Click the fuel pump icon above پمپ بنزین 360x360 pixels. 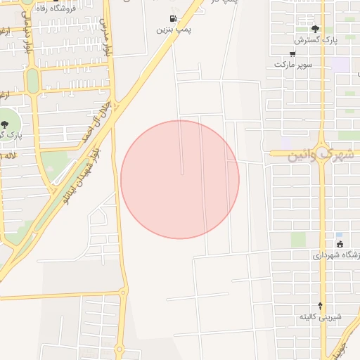(x=173, y=18)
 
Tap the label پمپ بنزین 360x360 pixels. (x=174, y=30)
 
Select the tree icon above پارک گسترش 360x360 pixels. (x=315, y=29)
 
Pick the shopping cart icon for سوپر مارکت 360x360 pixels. (x=292, y=53)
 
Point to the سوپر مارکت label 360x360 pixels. (x=293, y=64)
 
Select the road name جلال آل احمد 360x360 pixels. (x=94, y=123)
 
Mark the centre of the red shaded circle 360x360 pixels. (x=180, y=180)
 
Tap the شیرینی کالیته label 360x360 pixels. (x=321, y=316)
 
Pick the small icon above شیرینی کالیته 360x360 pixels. (x=321, y=305)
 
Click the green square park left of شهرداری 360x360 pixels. (x=298, y=240)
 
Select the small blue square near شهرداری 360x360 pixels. (x=339, y=235)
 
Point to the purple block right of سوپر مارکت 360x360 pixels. (x=342, y=64)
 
